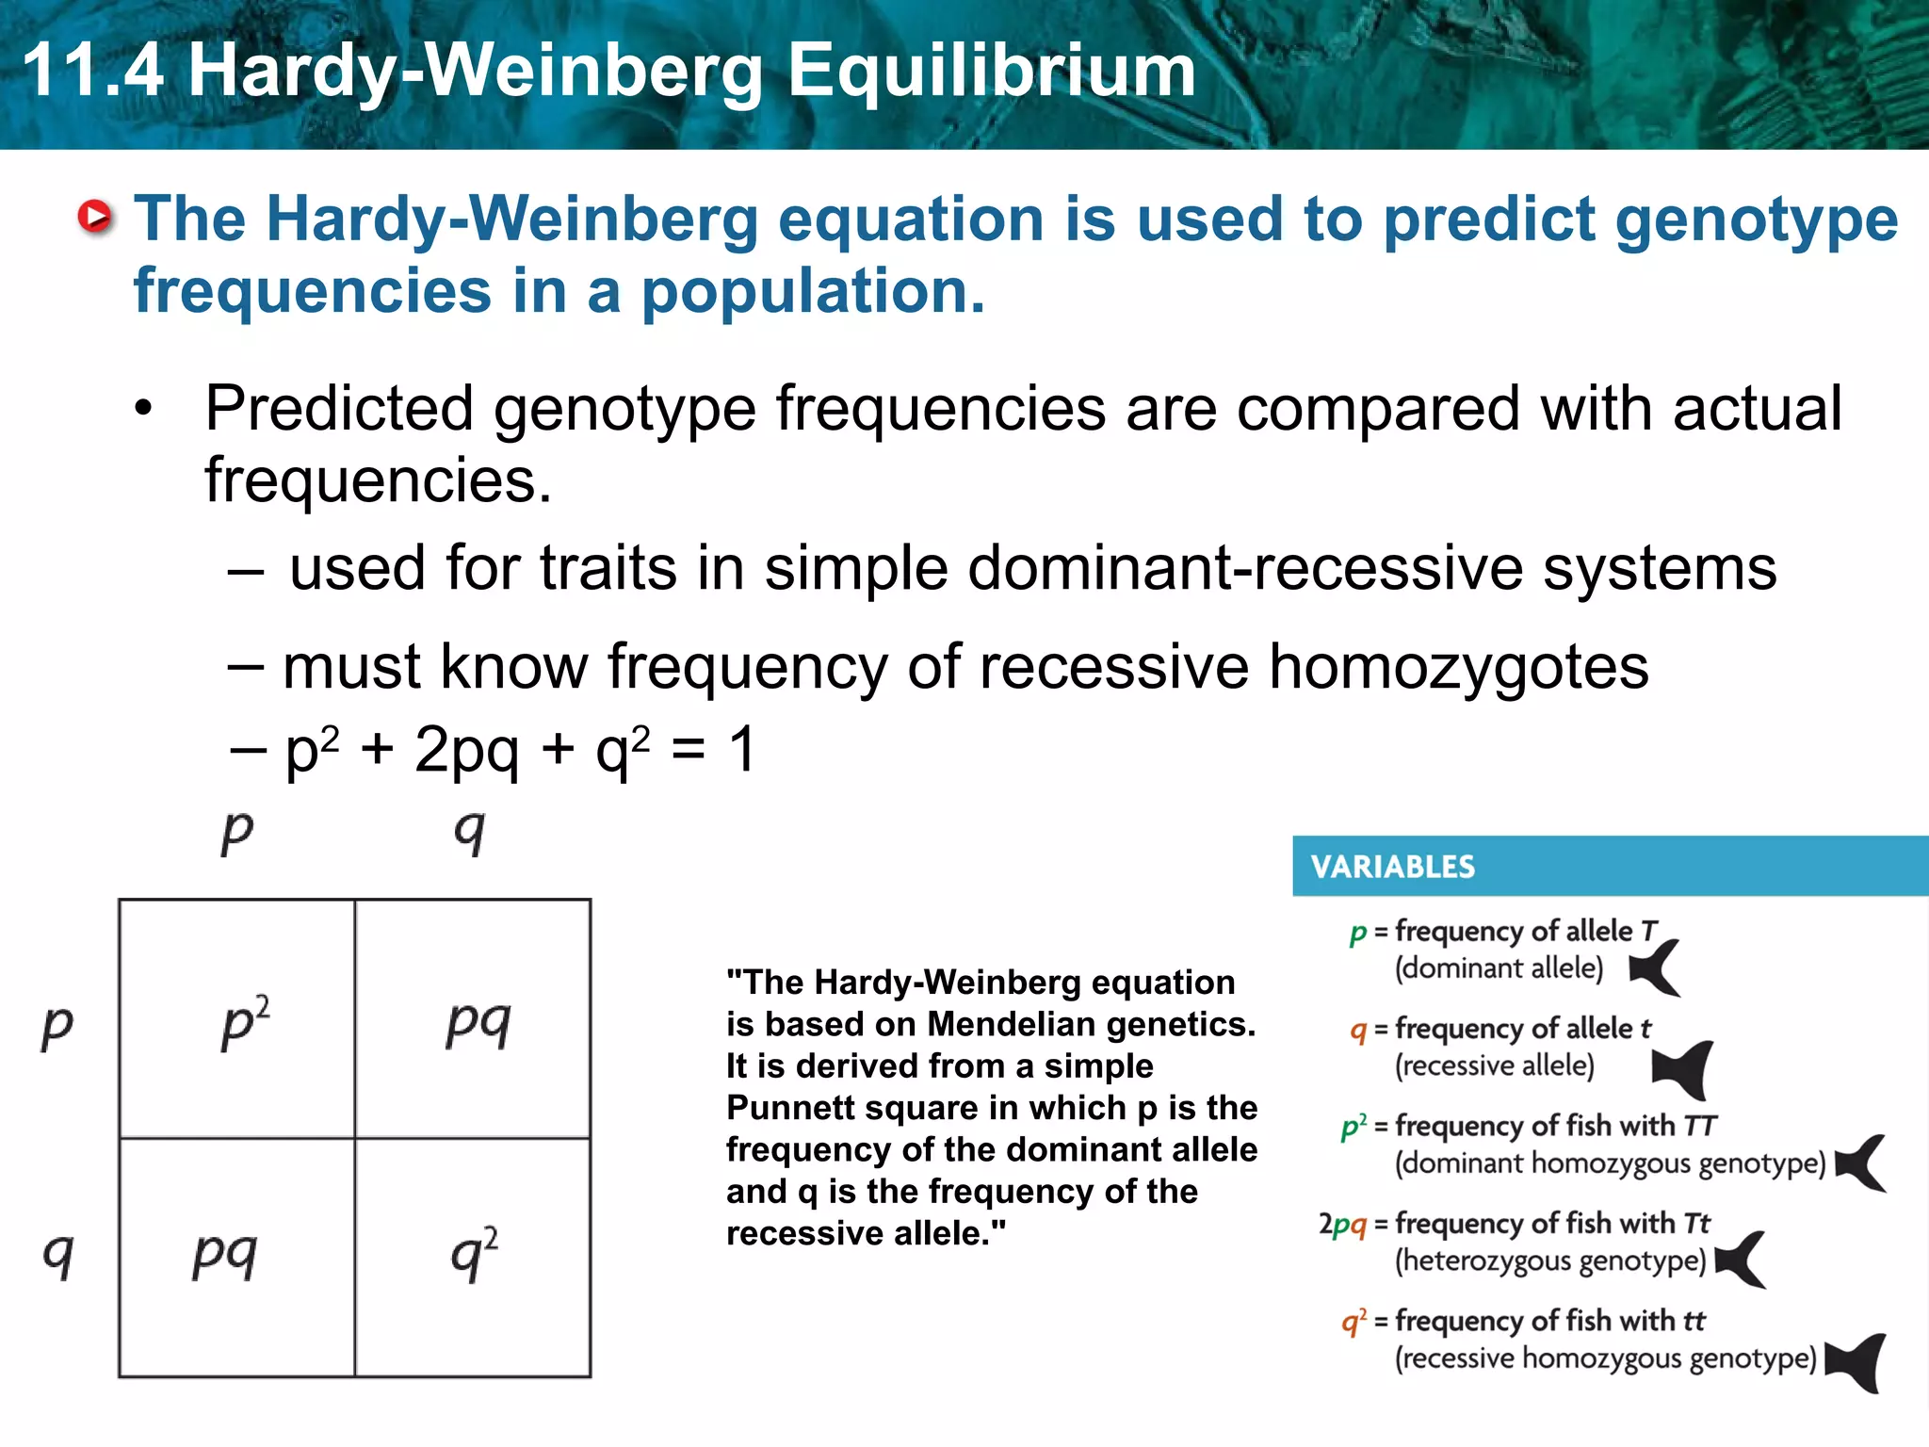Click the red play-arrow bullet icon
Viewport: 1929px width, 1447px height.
[94, 218]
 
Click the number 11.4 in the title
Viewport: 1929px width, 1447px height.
[92, 71]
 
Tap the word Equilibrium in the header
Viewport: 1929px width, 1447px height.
[991, 71]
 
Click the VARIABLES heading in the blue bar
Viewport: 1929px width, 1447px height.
[1392, 867]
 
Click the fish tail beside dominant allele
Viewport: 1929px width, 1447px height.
[1656, 968]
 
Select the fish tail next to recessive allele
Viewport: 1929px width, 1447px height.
[1685, 1070]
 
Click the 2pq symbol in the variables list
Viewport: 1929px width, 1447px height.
[1341, 1224]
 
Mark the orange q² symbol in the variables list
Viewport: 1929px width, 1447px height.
[1354, 1322]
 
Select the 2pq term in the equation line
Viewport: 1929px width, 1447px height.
[466, 751]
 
